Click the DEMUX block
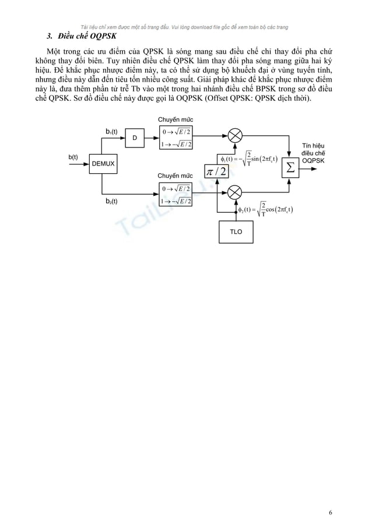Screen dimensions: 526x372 click(x=102, y=164)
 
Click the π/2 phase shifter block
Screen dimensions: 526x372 click(x=216, y=170)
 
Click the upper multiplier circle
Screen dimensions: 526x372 click(x=234, y=135)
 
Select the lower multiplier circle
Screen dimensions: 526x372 click(x=234, y=191)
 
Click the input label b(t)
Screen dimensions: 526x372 click(x=73, y=157)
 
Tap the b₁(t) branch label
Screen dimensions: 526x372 click(x=111, y=132)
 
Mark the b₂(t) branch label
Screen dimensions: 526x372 click(x=111, y=201)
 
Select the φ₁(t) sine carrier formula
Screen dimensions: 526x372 click(x=248, y=159)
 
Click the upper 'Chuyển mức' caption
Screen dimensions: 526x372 click(x=175, y=120)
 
